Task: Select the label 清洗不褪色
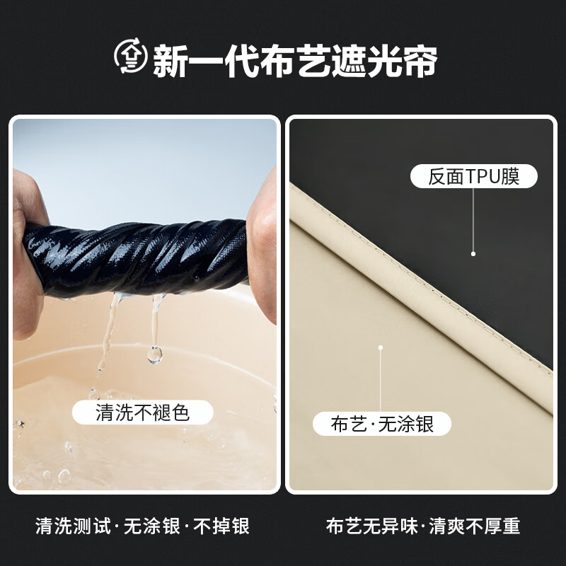point(142,412)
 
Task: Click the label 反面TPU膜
point(473,176)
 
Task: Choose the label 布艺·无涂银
point(382,424)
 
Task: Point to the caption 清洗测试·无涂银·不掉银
point(142,526)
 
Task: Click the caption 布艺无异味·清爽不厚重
point(423,526)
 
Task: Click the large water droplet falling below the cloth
point(154,353)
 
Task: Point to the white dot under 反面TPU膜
point(473,253)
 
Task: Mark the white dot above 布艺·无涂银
point(381,347)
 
